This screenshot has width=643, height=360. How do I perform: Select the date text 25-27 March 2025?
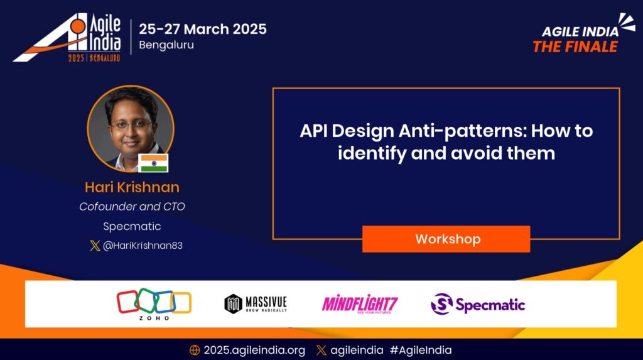coord(202,29)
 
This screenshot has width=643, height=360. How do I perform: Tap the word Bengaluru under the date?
coord(166,46)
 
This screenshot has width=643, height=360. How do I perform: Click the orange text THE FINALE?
coord(575,46)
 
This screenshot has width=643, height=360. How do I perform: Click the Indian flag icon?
coord(153,163)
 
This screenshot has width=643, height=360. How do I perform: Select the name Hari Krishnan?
coord(132,187)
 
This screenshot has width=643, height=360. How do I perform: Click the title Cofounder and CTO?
coord(132,207)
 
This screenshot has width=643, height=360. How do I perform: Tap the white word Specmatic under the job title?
coord(132,226)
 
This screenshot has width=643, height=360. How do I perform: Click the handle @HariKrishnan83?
coord(142,246)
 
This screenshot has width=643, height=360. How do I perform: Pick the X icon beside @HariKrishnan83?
coord(95,246)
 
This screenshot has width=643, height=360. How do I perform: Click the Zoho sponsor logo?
coord(154,304)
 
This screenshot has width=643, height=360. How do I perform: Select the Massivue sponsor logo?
coord(256,304)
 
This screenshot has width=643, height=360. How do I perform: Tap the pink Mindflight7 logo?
coord(360,304)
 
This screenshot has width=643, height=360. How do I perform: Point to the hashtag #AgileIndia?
coord(420,350)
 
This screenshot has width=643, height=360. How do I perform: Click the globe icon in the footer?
coord(195,350)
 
